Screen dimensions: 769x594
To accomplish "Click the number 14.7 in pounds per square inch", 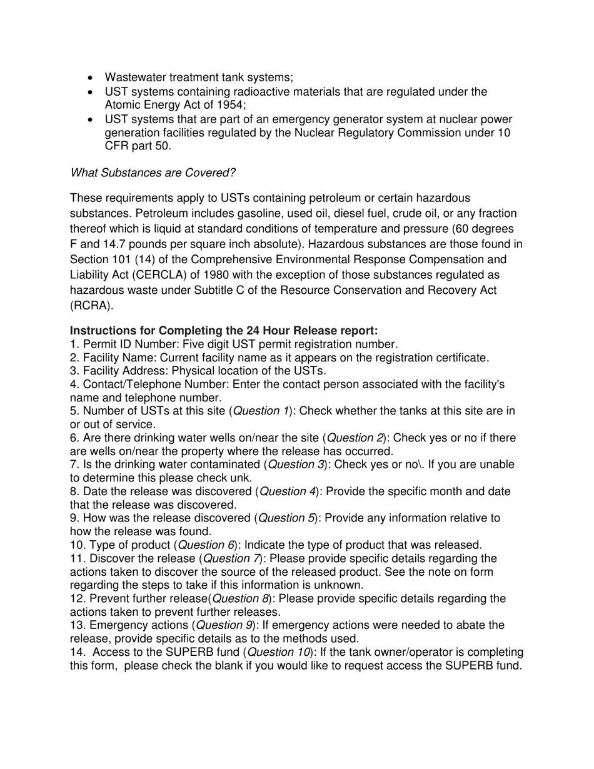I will tap(114, 244).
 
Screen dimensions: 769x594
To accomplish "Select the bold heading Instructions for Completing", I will tap(224, 330).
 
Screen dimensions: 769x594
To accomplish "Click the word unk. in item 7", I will tap(240, 478).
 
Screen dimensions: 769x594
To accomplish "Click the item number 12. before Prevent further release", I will tap(78, 599).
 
